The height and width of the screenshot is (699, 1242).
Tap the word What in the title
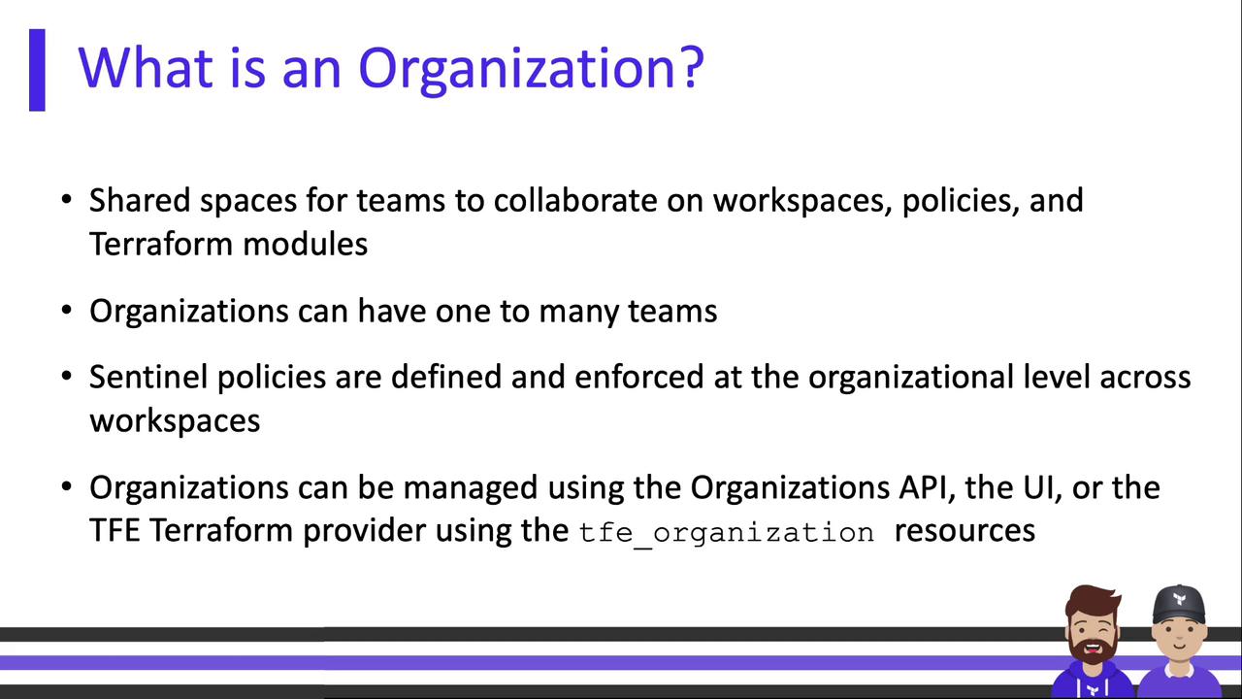pyautogui.click(x=146, y=68)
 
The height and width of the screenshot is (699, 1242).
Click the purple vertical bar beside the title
pyautogui.click(x=37, y=70)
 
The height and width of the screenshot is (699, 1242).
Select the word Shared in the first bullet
pyautogui.click(x=140, y=200)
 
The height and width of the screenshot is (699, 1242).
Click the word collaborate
pyautogui.click(x=575, y=200)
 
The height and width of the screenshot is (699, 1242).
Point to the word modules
pyautogui.click(x=305, y=244)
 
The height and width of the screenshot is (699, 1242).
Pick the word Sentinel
pyautogui.click(x=148, y=378)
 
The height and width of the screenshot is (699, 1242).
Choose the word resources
pyautogui.click(x=964, y=531)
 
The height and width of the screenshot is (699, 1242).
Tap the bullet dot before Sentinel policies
pyautogui.click(x=67, y=377)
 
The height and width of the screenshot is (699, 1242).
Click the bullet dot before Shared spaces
pyautogui.click(x=67, y=200)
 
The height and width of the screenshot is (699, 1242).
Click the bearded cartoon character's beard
pyautogui.click(x=1093, y=651)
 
